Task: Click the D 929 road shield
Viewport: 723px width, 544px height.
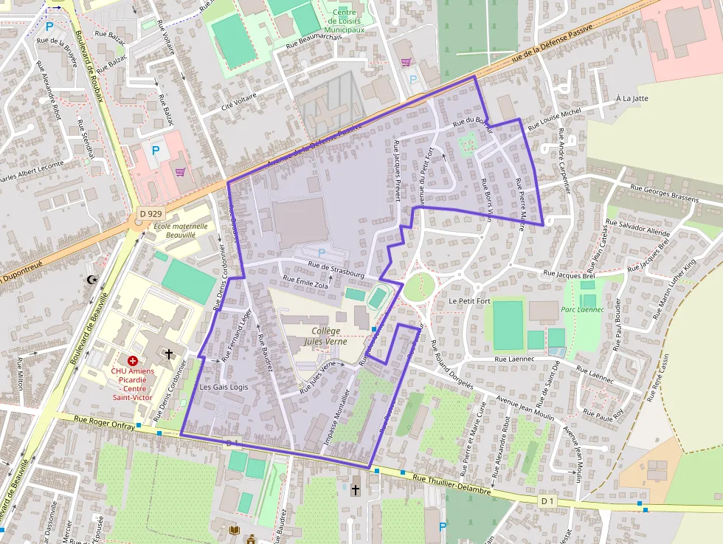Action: [x=150, y=214]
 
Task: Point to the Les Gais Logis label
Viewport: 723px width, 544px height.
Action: [x=224, y=387]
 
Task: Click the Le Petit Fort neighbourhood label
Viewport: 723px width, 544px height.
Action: [x=469, y=302]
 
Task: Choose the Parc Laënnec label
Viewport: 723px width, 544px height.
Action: [x=583, y=310]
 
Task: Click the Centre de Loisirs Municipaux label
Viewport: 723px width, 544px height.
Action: [x=344, y=21]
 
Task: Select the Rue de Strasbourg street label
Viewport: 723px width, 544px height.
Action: [x=336, y=269]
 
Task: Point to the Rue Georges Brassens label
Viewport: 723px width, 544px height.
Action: [x=665, y=199]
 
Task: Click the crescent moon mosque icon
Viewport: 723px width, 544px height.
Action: [x=92, y=280]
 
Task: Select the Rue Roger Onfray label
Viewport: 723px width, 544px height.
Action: [x=104, y=422]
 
